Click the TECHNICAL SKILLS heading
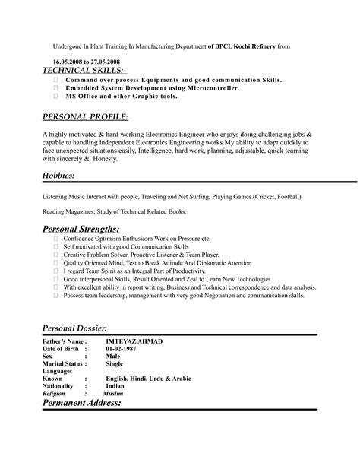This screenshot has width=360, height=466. click(84, 70)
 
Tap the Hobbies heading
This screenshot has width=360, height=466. click(58, 176)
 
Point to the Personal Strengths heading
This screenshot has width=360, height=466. click(81, 229)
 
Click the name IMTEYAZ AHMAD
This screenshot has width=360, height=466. click(134, 341)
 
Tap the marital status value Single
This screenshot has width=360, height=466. click(114, 363)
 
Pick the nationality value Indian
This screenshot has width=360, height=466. click(115, 386)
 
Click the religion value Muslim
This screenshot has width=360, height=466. click(112, 394)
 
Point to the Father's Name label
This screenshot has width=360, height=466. click(64, 341)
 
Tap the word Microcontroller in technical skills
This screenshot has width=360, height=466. click(209, 87)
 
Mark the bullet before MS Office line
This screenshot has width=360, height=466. click(55, 97)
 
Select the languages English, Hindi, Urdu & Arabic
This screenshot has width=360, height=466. click(148, 379)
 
